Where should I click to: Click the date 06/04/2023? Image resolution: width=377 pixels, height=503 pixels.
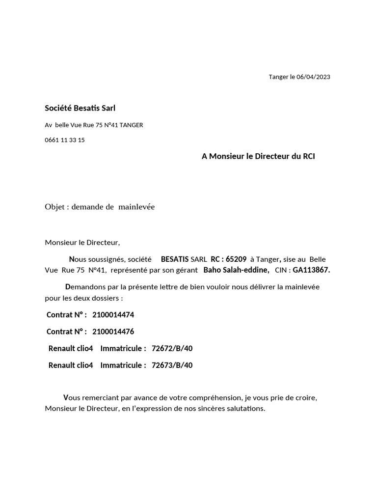click(313, 77)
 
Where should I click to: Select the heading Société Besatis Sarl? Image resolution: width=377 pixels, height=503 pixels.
click(80, 108)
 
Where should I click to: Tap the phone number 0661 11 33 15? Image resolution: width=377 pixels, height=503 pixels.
click(65, 140)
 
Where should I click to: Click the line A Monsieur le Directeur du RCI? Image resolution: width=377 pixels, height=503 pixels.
click(258, 156)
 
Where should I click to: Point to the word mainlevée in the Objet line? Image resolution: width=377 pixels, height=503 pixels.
click(136, 207)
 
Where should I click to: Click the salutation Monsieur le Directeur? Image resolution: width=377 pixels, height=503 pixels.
click(82, 242)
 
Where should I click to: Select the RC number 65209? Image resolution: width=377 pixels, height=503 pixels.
click(236, 259)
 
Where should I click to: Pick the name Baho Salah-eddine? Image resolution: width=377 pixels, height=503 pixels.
click(236, 270)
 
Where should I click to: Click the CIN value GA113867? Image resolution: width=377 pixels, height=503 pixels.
click(311, 270)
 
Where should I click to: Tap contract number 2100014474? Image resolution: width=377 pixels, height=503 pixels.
click(113, 315)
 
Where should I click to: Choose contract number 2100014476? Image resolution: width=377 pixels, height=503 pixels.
click(113, 332)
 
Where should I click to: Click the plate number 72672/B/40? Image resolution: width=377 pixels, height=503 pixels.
click(172, 348)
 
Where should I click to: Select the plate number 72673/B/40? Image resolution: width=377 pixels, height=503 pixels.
click(172, 365)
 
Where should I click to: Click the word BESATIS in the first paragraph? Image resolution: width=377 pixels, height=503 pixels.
click(175, 259)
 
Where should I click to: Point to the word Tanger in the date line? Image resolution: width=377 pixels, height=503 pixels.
click(278, 77)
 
